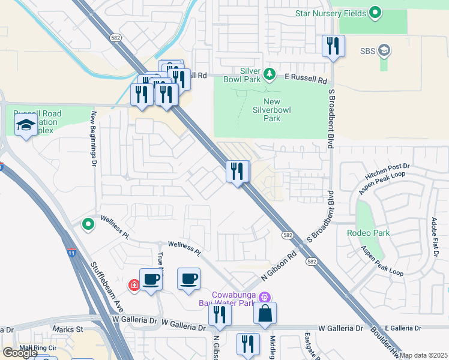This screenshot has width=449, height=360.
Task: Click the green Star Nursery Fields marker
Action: point(376,12)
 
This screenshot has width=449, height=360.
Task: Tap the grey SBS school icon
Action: point(384,50)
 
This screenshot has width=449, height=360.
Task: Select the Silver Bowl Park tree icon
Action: point(270,74)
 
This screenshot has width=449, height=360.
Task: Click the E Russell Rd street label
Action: point(306,78)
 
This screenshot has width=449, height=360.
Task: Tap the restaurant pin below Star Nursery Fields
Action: point(333,47)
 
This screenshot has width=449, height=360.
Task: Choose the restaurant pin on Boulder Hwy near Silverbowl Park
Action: point(238,172)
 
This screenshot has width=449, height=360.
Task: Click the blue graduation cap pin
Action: point(26,125)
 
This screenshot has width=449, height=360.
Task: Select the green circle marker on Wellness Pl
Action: point(88,224)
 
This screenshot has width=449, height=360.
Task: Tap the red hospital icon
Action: point(134,284)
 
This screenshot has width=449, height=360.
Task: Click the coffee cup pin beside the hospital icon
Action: point(151,279)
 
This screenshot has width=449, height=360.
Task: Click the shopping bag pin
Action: point(265,313)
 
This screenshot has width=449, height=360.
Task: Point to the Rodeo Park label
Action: point(368,233)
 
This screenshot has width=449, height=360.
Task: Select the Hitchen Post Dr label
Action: point(387,173)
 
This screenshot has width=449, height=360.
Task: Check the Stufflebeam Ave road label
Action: point(106,285)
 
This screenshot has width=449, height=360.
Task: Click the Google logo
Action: point(20,353)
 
